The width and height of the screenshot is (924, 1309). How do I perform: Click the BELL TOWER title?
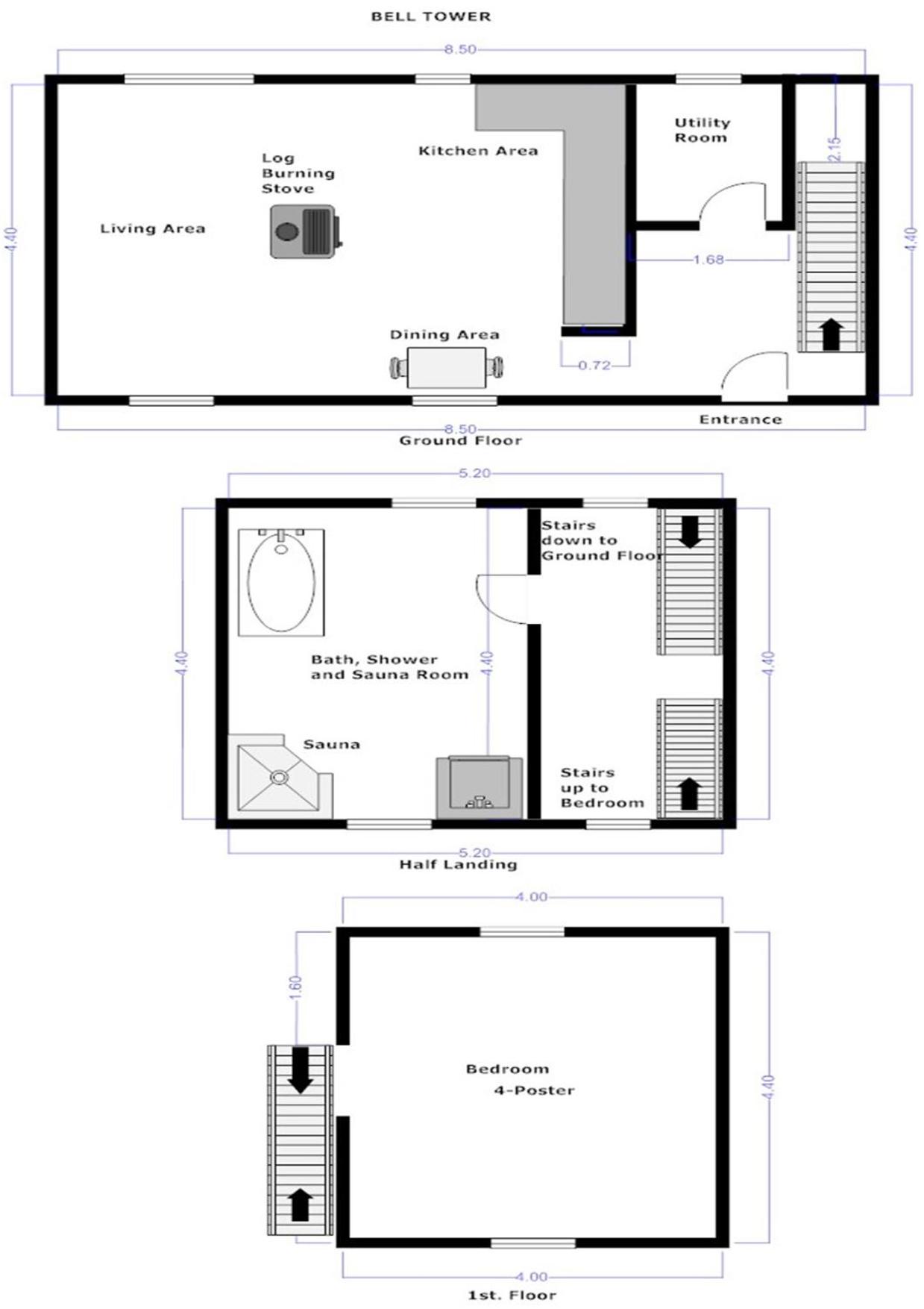(431, 16)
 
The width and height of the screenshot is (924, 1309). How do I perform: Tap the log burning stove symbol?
(307, 232)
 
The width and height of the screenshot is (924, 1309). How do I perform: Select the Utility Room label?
(702, 130)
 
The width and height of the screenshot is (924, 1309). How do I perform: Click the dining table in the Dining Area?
(446, 368)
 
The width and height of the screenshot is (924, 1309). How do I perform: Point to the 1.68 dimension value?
(708, 260)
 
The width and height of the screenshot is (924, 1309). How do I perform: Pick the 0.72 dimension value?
(594, 365)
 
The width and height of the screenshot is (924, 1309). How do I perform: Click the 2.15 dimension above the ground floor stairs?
(835, 149)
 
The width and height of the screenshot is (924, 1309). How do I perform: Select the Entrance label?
(741, 419)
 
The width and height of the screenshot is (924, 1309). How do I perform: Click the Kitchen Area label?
(478, 151)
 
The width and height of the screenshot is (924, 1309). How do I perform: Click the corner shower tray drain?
(278, 777)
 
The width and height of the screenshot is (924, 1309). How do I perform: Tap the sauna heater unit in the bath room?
(479, 787)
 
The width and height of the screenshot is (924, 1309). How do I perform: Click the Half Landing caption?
(458, 864)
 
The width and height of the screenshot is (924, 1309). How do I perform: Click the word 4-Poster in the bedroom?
(534, 1090)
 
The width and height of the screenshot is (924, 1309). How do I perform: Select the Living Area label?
(153, 228)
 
